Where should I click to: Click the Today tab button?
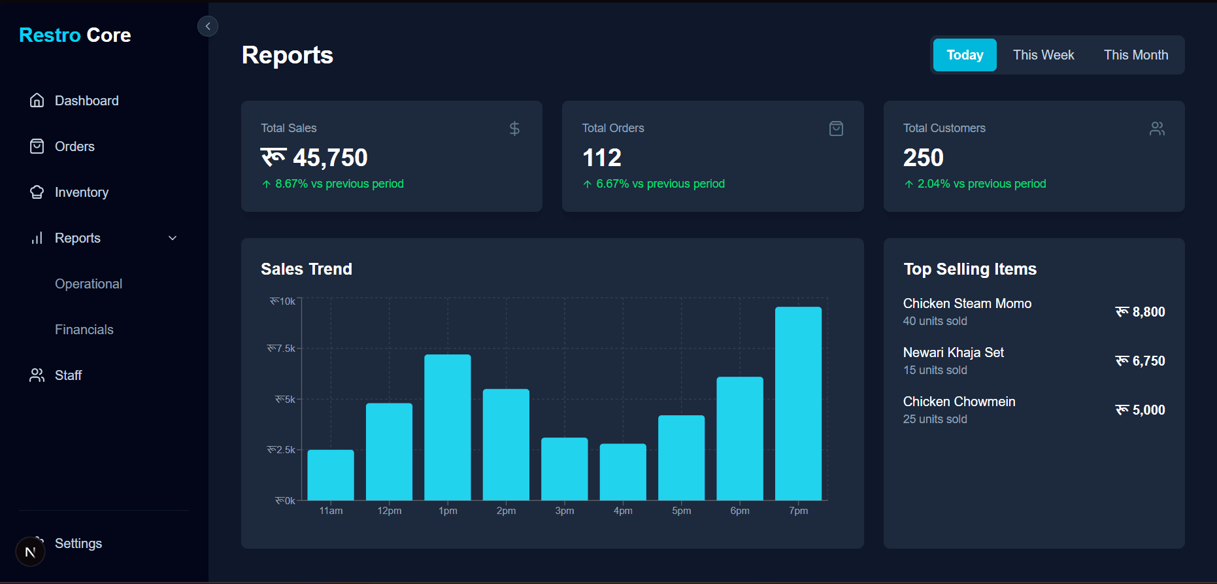pyautogui.click(x=964, y=55)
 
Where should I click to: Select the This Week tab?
pyautogui.click(x=1043, y=55)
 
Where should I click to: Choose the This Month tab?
pyautogui.click(x=1135, y=55)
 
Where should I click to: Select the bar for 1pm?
pyautogui.click(x=447, y=428)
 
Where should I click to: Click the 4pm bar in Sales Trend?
pyautogui.click(x=623, y=472)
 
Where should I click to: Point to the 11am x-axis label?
pyautogui.click(x=331, y=511)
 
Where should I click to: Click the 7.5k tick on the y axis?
pyautogui.click(x=282, y=349)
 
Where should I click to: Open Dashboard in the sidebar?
pyautogui.click(x=86, y=101)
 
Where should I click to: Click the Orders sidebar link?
pyautogui.click(x=75, y=146)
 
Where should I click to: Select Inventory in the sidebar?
pyautogui.click(x=81, y=192)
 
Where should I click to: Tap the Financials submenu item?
pyautogui.click(x=84, y=330)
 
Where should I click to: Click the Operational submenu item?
pyautogui.click(x=88, y=284)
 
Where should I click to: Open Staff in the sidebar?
pyautogui.click(x=68, y=375)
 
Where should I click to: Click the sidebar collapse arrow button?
pyautogui.click(x=208, y=26)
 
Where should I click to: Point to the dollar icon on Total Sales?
pyautogui.click(x=514, y=128)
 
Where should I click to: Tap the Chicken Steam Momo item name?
pyautogui.click(x=967, y=303)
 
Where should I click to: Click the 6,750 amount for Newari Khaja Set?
pyautogui.click(x=1141, y=361)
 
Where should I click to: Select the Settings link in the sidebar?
pyautogui.click(x=78, y=543)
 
